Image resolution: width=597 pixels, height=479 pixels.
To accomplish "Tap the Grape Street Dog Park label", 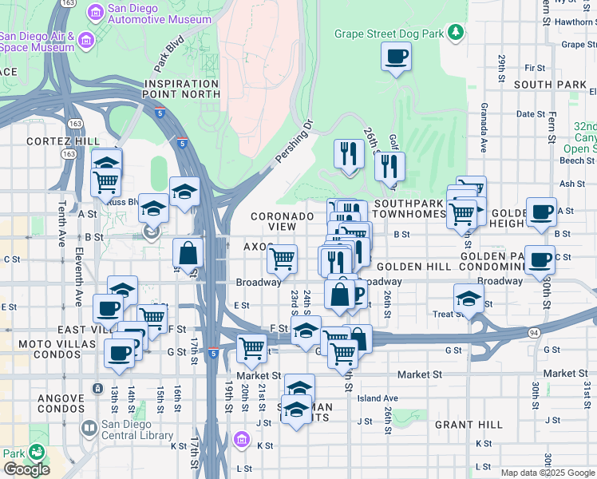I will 389,33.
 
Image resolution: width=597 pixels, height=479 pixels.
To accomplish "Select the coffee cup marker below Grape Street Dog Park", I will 396,57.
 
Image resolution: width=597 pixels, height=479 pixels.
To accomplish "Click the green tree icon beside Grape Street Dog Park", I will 456,32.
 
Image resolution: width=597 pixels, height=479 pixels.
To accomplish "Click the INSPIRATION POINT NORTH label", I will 182,89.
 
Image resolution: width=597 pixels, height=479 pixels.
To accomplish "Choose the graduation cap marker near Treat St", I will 469,299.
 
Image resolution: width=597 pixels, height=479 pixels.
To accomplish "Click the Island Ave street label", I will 378,398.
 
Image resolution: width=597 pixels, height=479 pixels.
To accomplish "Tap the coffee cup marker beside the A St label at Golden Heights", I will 541,212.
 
